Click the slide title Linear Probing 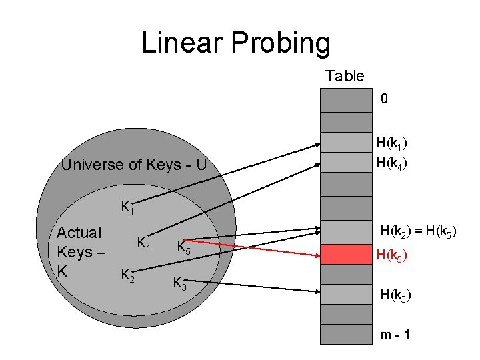tap(235, 44)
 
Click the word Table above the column tap(345, 76)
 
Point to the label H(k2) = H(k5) tap(418, 232)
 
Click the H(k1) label tap(392, 143)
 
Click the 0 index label tap(384, 99)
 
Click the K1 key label tap(127, 207)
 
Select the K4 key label tap(143, 243)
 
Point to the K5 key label tap(183, 248)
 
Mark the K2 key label tap(127, 274)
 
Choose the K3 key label tap(179, 283)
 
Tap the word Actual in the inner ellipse tap(79, 233)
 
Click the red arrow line tap(267, 247)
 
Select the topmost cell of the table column tap(345, 99)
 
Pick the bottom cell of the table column tap(345, 334)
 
